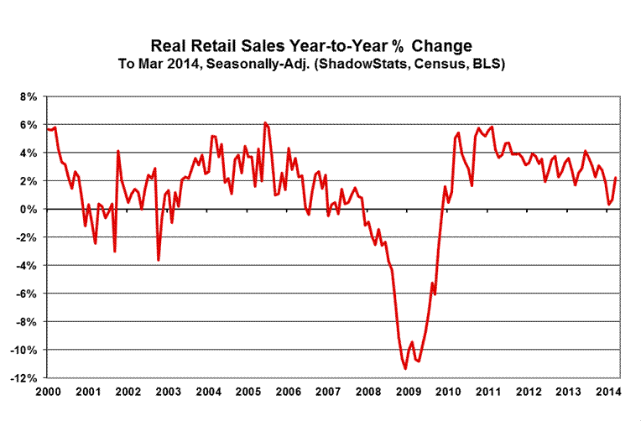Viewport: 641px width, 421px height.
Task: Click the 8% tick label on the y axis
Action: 27,96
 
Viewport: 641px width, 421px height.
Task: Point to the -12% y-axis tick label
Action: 23,378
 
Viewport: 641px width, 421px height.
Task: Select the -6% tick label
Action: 25,294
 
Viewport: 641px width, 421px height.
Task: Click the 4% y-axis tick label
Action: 27,153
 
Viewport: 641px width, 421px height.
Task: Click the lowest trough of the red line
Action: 405,368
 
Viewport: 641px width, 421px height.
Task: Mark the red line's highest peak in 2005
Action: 265,123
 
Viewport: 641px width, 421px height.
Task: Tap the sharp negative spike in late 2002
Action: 159,260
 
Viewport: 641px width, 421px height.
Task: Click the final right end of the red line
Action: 617,178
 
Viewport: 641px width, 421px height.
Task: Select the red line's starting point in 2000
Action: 48,128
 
